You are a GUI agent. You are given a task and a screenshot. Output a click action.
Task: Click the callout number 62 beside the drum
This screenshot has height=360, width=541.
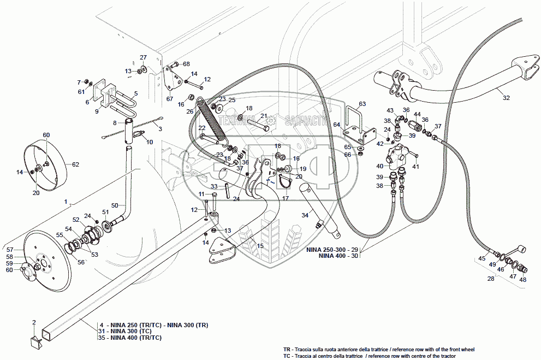(x=75, y=164)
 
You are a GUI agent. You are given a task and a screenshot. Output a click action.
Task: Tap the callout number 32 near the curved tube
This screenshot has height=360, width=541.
(x=506, y=98)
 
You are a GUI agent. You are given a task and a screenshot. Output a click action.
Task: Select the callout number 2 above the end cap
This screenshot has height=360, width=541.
(x=34, y=322)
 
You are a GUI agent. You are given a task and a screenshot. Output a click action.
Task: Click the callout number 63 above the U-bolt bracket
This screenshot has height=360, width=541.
(x=362, y=103)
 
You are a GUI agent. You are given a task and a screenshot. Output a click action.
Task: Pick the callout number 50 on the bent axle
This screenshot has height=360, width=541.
(x=115, y=205)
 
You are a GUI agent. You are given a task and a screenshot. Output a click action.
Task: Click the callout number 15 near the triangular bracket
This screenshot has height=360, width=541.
(x=260, y=246)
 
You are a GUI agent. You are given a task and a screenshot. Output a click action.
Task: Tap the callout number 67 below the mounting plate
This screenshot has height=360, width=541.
(x=170, y=99)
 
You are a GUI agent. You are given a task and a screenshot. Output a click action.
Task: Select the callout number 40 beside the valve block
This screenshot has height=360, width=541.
(x=379, y=166)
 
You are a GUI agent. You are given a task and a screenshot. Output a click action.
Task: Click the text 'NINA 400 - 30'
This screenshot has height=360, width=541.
(x=338, y=256)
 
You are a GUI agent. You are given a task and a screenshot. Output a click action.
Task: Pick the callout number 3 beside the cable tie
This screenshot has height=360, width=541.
(x=160, y=128)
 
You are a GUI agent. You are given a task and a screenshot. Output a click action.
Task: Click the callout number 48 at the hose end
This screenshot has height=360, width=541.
(x=523, y=280)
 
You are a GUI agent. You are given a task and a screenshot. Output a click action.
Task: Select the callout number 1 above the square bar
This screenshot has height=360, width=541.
(x=66, y=202)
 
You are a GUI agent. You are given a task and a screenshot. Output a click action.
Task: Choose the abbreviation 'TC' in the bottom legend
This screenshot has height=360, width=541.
(x=287, y=356)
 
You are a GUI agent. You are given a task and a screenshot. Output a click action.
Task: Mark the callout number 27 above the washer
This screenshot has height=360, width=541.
(x=143, y=57)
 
